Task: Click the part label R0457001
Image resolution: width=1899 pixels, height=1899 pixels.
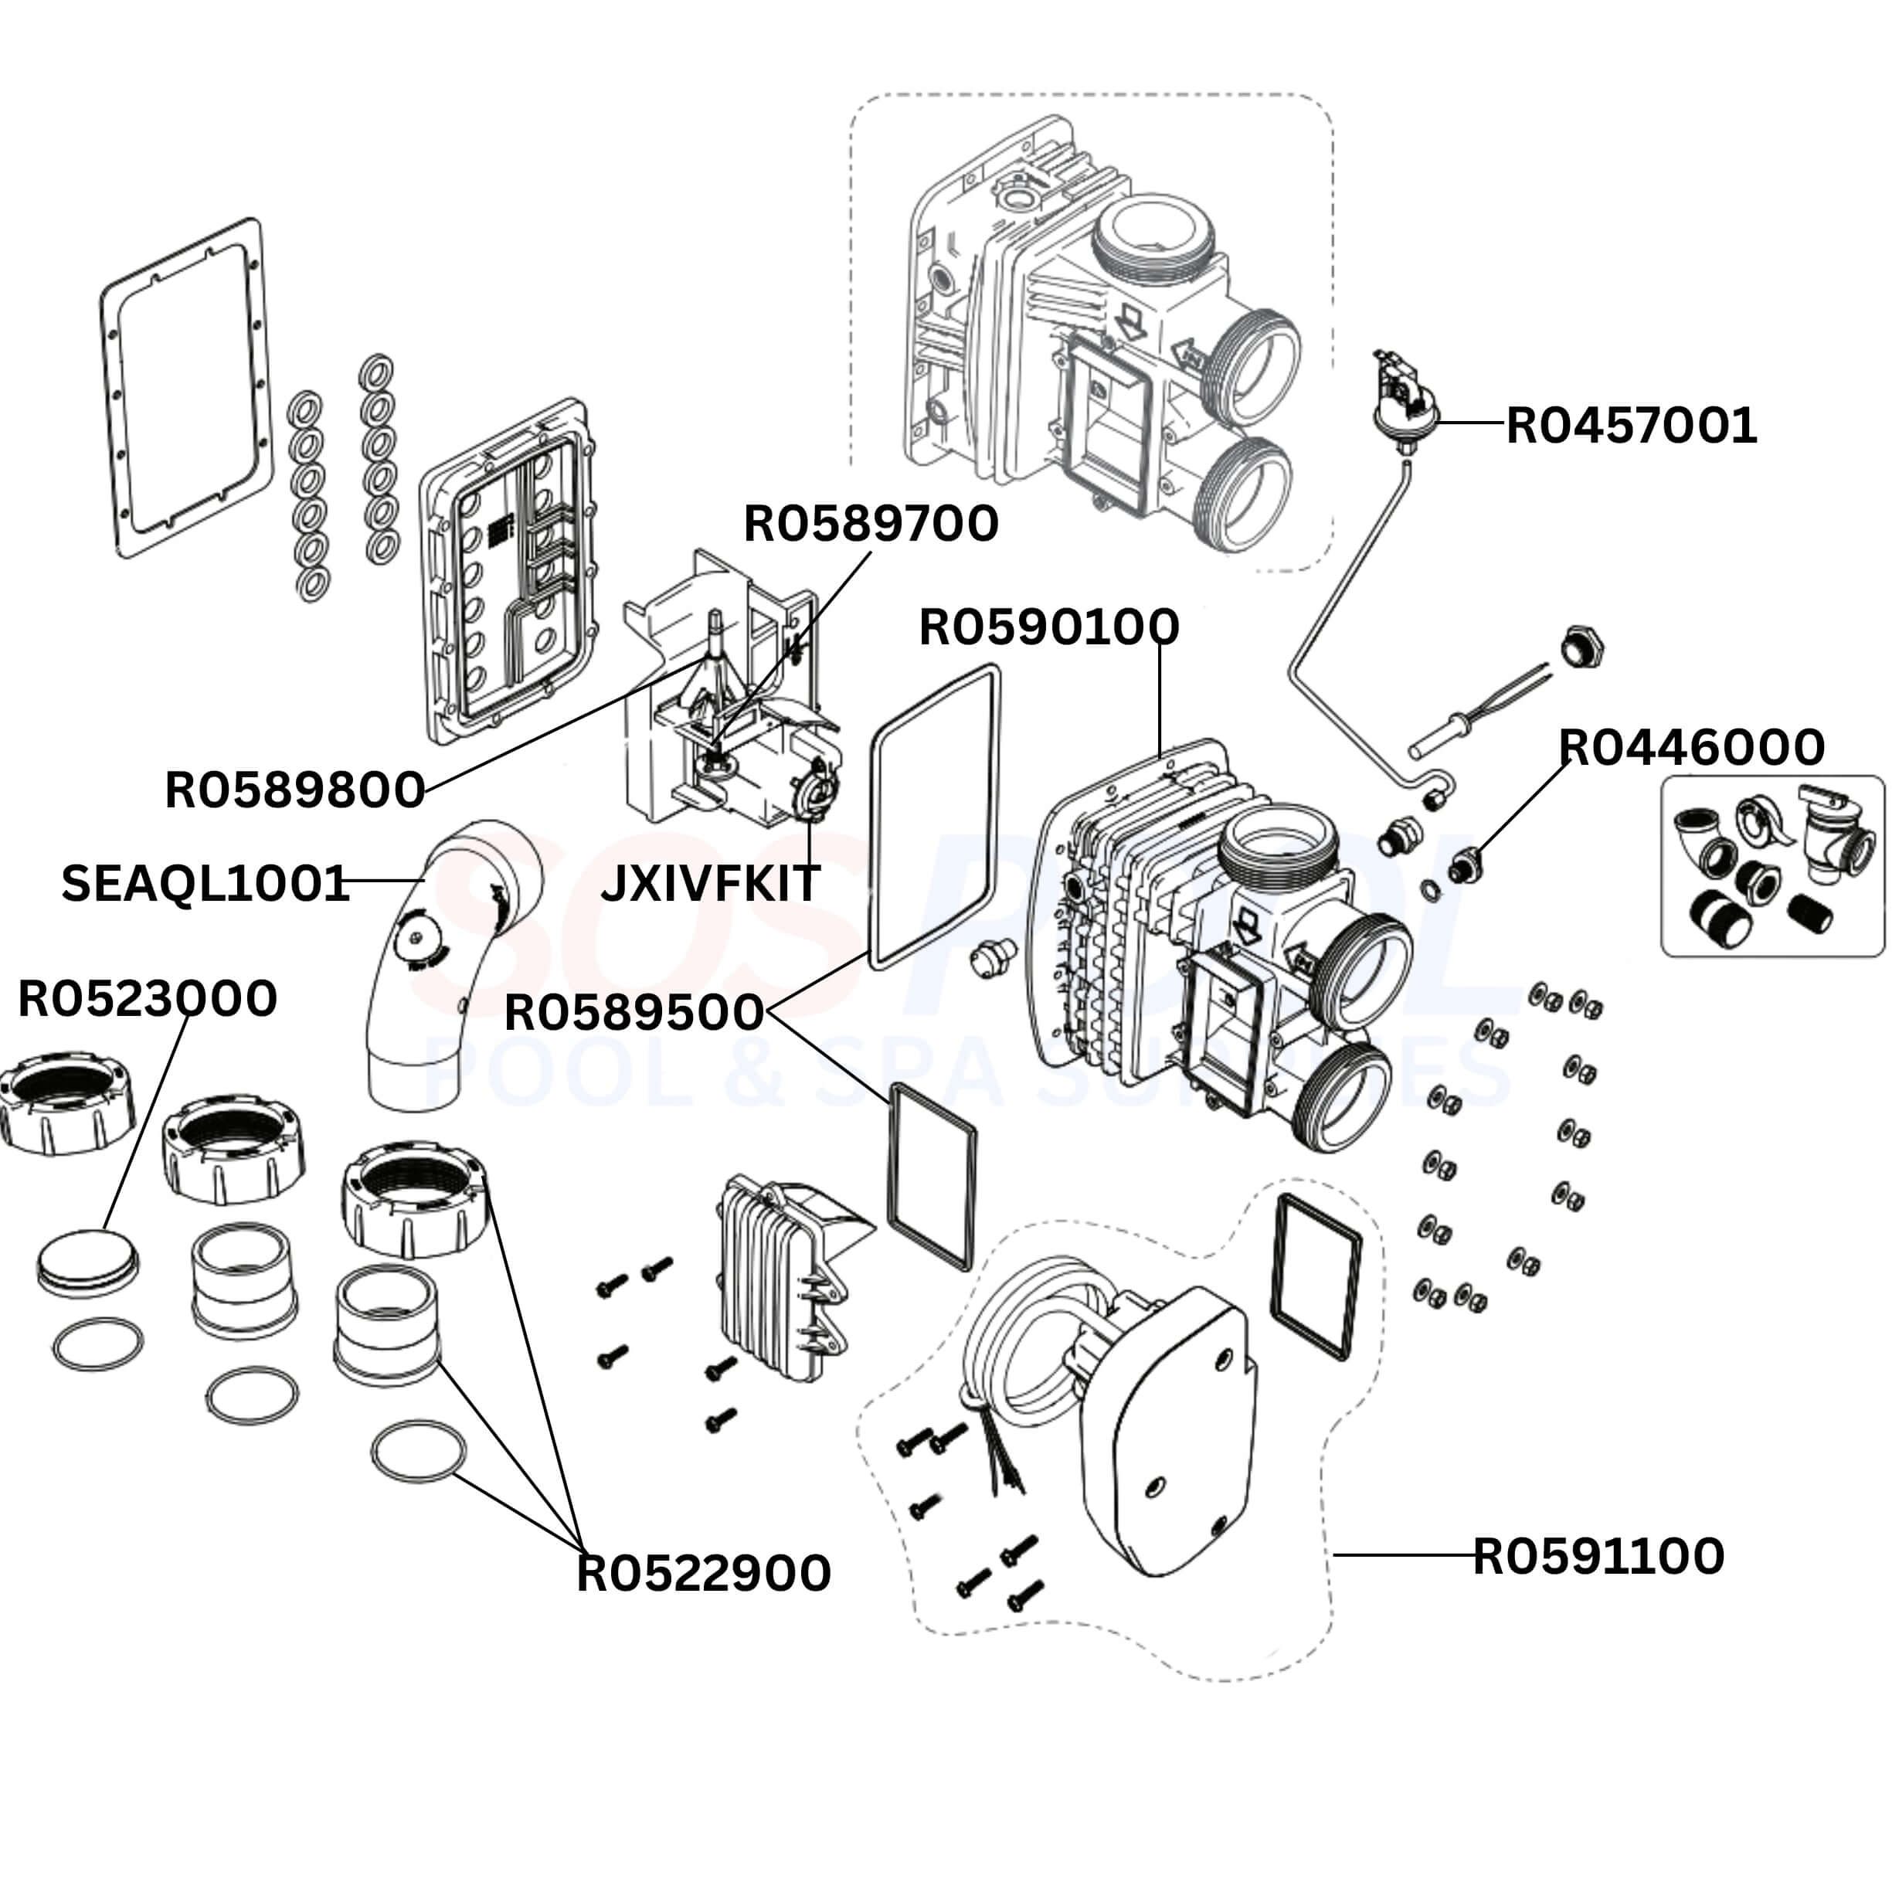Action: pyautogui.click(x=1631, y=426)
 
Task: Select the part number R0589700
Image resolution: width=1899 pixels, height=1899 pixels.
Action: pyautogui.click(x=870, y=524)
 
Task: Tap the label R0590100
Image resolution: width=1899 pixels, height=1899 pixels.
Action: pyautogui.click(x=1048, y=627)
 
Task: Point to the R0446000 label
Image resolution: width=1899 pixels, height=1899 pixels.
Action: pyautogui.click(x=1690, y=747)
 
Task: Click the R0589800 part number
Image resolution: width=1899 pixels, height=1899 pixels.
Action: pyautogui.click(x=294, y=790)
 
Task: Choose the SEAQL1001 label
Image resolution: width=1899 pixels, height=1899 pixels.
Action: pyautogui.click(x=206, y=882)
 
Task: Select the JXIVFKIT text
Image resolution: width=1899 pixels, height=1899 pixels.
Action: pyautogui.click(x=710, y=882)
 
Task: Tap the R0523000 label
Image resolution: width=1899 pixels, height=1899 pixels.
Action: pyautogui.click(x=148, y=999)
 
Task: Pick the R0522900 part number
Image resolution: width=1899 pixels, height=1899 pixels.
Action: pyautogui.click(x=703, y=1573)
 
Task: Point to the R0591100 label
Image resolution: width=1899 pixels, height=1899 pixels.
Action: pyautogui.click(x=1597, y=1555)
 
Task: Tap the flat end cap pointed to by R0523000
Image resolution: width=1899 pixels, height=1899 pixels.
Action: pyautogui.click(x=89, y=1260)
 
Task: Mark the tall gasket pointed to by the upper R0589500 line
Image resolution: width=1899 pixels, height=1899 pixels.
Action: pyautogui.click(x=936, y=816)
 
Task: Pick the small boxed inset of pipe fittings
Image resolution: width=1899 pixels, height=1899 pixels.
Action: pyautogui.click(x=1772, y=865)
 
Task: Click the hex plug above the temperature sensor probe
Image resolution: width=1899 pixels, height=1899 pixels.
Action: pyautogui.click(x=1581, y=647)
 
